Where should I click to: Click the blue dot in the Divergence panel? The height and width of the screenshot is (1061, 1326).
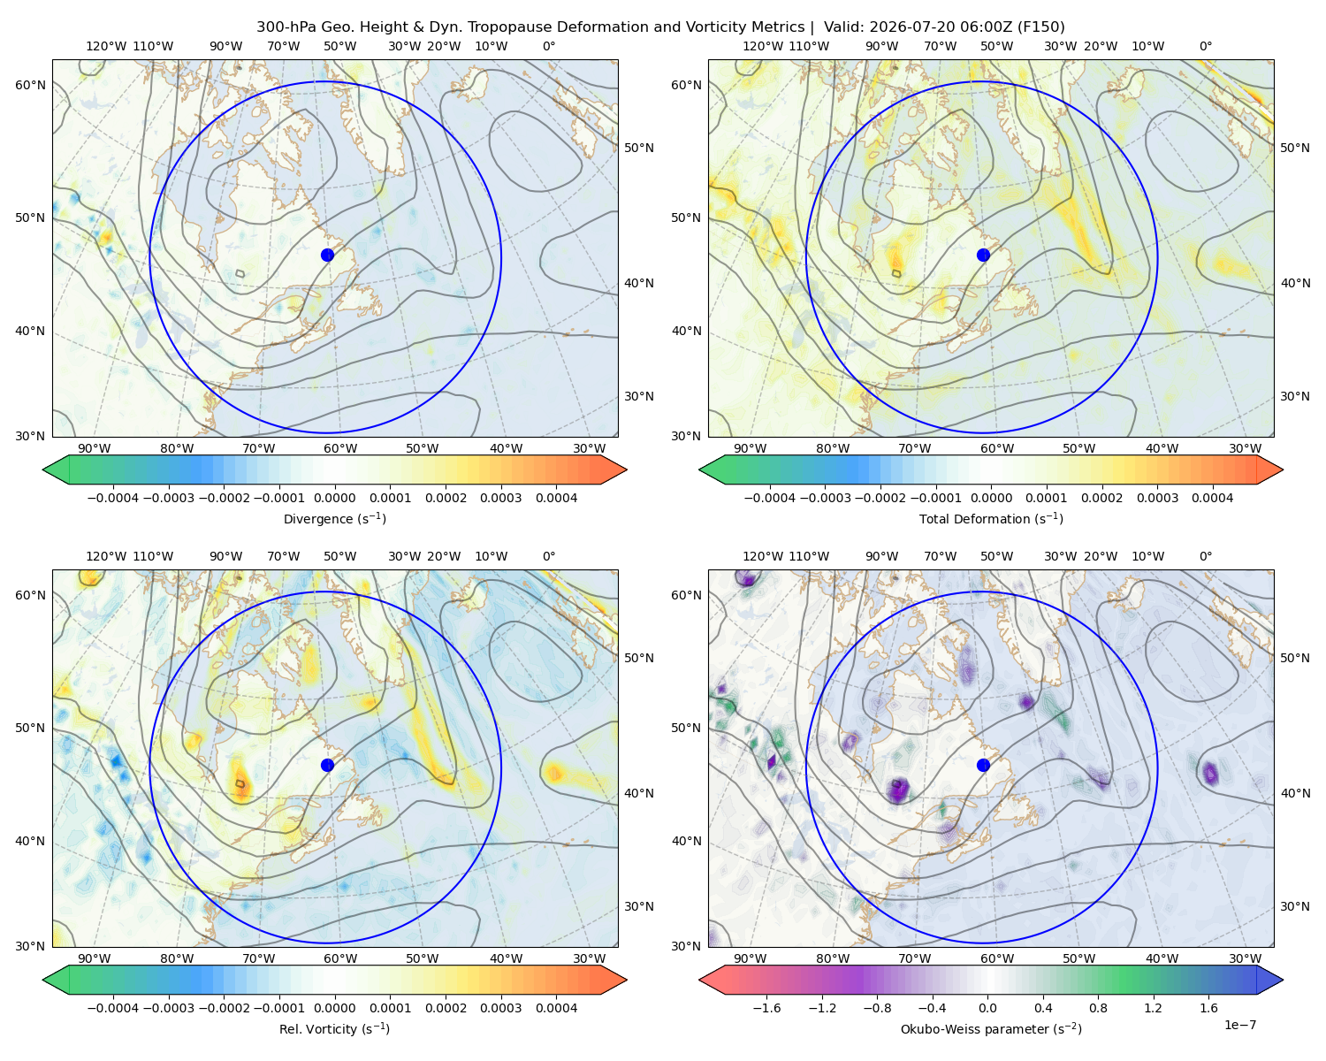(x=327, y=255)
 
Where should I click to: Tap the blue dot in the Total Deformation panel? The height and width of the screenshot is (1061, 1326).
(x=983, y=255)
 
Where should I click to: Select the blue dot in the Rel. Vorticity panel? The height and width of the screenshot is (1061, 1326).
(x=327, y=765)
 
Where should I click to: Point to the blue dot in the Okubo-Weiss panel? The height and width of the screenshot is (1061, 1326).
(x=983, y=765)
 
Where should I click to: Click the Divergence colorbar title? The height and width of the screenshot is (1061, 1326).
(x=334, y=518)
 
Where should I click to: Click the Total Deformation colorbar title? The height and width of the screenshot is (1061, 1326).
(x=991, y=518)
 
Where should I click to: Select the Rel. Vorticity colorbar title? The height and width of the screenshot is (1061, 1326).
(x=334, y=1028)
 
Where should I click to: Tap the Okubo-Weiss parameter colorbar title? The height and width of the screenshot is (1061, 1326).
(x=991, y=1028)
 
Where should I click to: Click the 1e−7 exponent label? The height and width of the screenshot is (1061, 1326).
(x=1239, y=1025)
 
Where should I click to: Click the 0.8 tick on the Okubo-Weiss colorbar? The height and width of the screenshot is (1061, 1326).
(x=1098, y=1007)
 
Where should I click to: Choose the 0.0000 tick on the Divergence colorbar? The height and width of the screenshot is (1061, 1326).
(x=334, y=498)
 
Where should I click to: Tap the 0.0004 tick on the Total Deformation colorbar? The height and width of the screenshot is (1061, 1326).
(x=1212, y=498)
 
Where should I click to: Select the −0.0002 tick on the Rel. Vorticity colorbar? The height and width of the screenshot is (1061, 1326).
(x=224, y=1007)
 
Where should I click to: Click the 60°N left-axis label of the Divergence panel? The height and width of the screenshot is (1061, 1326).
(x=30, y=85)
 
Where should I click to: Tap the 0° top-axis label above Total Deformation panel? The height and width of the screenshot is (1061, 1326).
(x=1205, y=46)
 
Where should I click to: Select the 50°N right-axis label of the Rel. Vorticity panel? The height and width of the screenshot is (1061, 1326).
(x=639, y=658)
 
